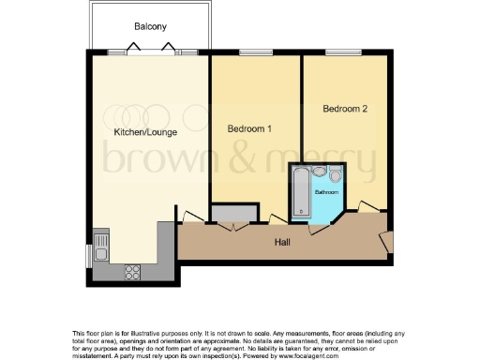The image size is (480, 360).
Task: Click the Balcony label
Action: click(x=150, y=27)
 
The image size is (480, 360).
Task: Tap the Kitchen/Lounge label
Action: click(x=143, y=132)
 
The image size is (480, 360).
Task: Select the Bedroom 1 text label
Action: click(x=249, y=127)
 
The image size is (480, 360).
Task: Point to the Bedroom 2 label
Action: click(x=344, y=109)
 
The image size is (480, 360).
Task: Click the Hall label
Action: click(x=281, y=242)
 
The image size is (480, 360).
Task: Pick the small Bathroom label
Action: click(x=326, y=191)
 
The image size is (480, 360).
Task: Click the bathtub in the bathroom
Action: click(x=300, y=191)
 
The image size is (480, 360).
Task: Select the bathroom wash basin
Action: click(x=337, y=174)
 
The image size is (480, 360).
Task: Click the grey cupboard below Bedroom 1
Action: click(x=230, y=214)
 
